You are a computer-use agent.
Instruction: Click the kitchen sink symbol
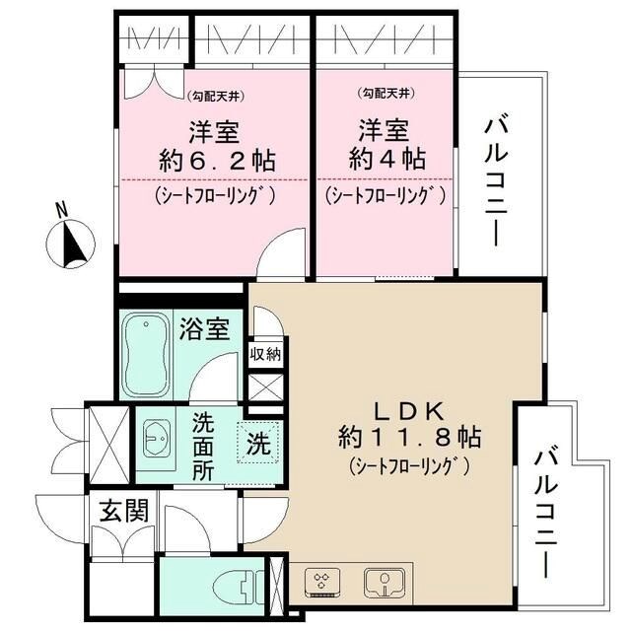[379, 582]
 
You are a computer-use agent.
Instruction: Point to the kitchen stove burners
[322, 582]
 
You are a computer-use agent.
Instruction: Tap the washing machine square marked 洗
[257, 442]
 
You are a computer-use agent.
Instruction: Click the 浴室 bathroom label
[204, 328]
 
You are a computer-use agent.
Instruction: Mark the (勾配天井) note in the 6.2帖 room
[216, 96]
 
